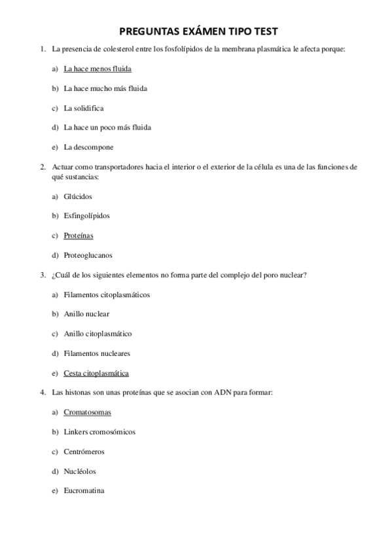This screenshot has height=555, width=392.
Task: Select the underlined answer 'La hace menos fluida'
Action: [98, 69]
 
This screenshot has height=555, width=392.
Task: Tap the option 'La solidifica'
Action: [84, 108]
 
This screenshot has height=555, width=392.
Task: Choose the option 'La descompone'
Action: [88, 147]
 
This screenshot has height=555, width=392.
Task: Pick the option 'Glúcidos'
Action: [78, 196]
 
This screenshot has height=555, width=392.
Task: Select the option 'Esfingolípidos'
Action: [87, 216]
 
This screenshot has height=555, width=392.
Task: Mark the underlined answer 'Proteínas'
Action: [79, 236]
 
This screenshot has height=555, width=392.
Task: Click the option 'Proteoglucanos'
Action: [88, 255]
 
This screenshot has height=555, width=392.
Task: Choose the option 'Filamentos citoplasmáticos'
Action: [107, 295]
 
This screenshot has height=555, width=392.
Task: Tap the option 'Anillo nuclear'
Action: [86, 314]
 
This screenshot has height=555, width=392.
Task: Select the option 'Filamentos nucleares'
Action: [97, 353]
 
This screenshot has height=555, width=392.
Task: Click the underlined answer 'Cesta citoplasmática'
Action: [96, 373]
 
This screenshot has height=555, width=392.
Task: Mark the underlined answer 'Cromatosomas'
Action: [87, 412]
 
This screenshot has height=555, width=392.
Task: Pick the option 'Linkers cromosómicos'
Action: [99, 432]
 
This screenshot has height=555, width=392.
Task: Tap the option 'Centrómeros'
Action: [84, 452]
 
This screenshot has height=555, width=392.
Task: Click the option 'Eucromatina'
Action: [84, 491]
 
